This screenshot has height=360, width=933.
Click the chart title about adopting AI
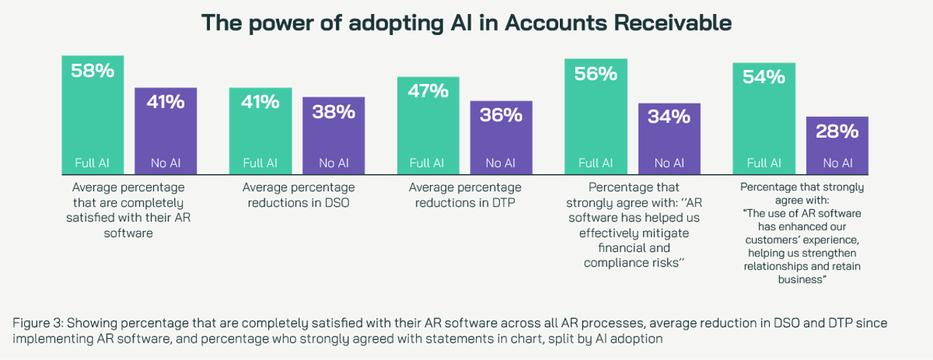pos(466,23)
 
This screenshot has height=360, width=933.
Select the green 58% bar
pos(93,117)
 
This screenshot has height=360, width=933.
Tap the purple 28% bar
pos(837,146)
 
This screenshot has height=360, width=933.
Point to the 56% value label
pos(596,74)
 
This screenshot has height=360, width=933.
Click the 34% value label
pos(668,117)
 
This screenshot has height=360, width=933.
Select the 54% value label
pos(763,77)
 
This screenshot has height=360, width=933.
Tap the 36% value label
pos(501,114)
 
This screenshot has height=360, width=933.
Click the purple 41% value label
pos(165,101)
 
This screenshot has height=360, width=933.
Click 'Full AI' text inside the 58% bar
pos(93,163)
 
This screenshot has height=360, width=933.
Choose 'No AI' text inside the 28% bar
pos(837,163)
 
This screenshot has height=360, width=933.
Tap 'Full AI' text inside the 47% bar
pos(428,163)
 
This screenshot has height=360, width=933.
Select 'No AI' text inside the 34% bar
pos(668,163)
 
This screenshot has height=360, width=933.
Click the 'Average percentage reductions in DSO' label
pos(298,195)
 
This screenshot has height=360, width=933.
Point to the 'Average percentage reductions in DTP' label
pos(465,195)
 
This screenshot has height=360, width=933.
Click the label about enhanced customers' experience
pos(802,233)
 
